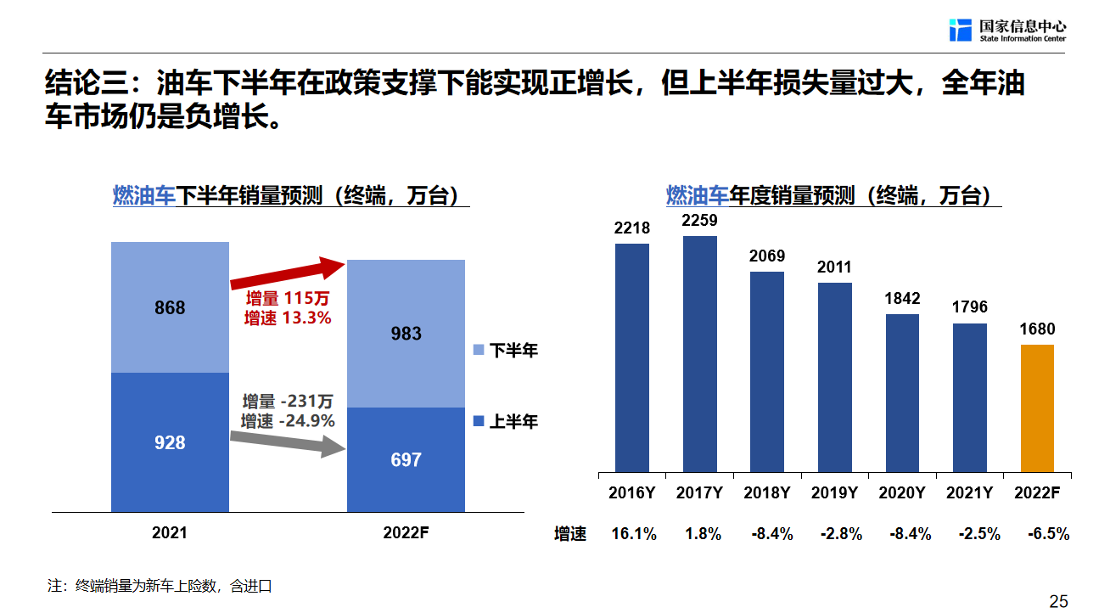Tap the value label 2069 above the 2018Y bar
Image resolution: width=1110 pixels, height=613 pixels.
pyautogui.click(x=767, y=256)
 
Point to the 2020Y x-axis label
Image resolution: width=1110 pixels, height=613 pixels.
pyautogui.click(x=902, y=492)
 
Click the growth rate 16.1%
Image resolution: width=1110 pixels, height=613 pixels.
pyautogui.click(x=634, y=534)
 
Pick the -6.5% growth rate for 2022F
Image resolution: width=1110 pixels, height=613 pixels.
pyautogui.click(x=1048, y=534)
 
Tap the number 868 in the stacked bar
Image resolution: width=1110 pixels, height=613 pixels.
pyautogui.click(x=170, y=307)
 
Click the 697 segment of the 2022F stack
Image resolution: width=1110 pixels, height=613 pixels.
pyautogui.click(x=406, y=460)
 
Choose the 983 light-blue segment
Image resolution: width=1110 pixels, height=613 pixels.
pyautogui.click(x=406, y=334)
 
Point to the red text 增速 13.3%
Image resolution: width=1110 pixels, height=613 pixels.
pyautogui.click(x=288, y=318)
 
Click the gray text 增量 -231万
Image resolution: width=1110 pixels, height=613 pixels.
pyautogui.click(x=288, y=402)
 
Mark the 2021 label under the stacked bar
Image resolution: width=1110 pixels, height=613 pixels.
pyautogui.click(x=170, y=533)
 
